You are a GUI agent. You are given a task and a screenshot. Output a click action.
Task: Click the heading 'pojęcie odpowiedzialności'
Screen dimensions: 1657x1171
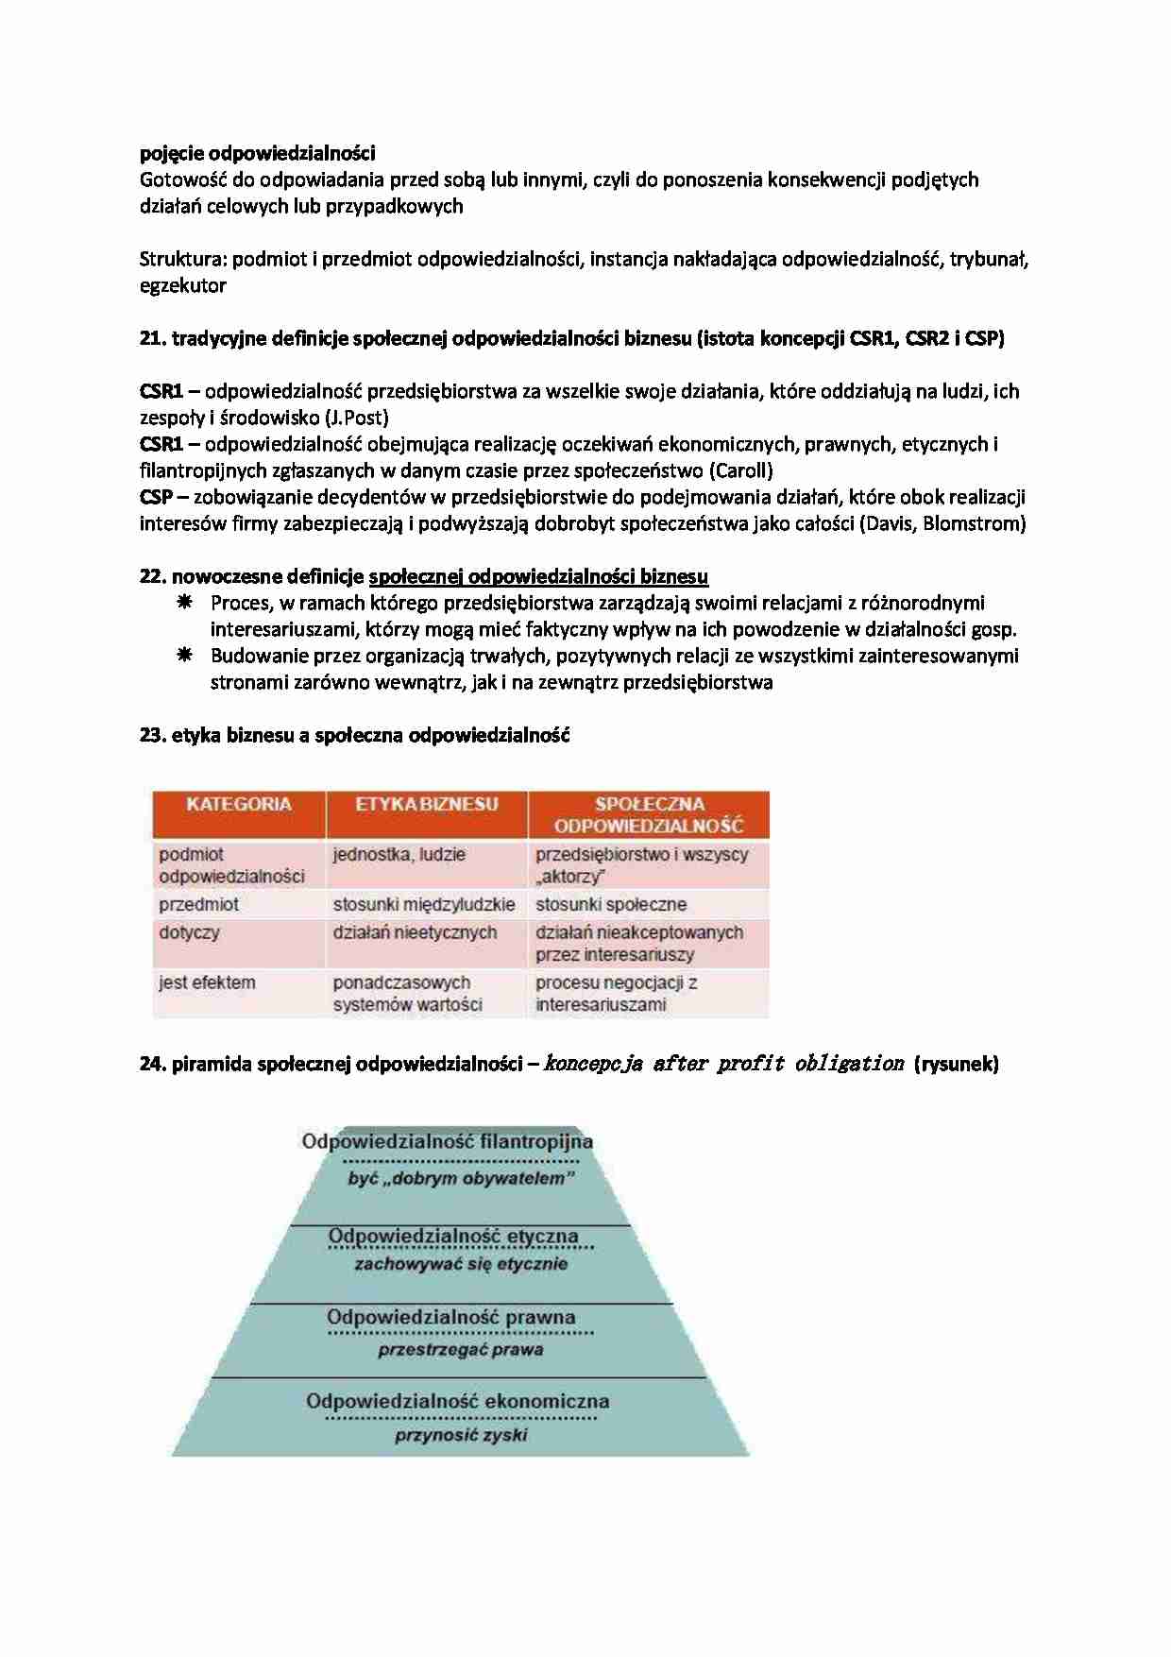pos(257,153)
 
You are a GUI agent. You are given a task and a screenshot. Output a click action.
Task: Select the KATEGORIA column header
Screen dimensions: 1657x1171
pos(239,805)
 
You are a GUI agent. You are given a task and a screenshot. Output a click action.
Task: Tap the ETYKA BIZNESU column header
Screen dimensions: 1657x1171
pos(426,805)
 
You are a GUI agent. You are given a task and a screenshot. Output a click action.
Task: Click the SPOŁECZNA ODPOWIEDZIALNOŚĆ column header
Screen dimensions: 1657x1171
pos(649,814)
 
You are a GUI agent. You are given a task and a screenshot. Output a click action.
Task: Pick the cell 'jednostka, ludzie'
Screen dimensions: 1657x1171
pos(399,854)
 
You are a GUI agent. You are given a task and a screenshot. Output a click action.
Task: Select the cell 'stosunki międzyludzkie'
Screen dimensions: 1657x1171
pos(424,904)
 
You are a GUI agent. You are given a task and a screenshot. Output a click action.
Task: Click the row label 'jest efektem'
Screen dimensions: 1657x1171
pos(207,982)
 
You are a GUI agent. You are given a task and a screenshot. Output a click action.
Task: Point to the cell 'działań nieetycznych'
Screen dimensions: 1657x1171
pos(415,932)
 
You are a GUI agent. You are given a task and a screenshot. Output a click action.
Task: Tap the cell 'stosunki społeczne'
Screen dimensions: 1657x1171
pos(611,904)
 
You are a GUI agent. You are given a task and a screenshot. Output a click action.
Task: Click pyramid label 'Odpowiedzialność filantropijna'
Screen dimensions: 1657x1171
pos(448,1141)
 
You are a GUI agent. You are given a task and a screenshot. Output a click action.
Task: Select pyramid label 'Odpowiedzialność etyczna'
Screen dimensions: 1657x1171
pos(453,1236)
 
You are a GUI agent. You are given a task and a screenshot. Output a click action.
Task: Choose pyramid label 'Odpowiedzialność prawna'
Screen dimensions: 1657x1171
pos(451,1317)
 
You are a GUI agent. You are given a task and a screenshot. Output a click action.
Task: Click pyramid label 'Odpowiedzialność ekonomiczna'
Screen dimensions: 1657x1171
pos(458,1401)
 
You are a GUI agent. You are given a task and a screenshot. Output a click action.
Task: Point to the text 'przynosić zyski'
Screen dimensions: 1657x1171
pos(461,1435)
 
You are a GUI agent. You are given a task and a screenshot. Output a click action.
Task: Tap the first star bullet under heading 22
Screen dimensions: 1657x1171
pos(185,603)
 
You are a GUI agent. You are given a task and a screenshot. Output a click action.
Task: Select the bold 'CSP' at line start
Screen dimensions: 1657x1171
pos(156,497)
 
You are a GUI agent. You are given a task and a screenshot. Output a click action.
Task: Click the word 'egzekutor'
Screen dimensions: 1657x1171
pos(183,285)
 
